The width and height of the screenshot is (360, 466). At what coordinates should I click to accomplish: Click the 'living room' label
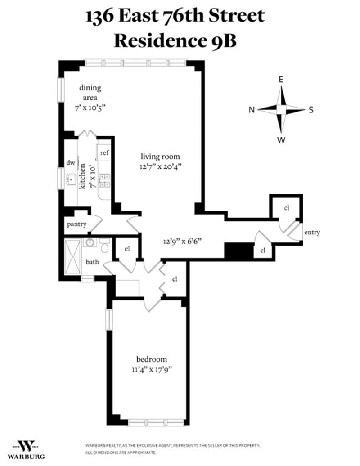tap(160, 157)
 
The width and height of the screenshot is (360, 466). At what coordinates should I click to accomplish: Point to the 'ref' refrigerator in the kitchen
tap(104, 153)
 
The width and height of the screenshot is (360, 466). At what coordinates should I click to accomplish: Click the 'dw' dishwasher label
tap(70, 163)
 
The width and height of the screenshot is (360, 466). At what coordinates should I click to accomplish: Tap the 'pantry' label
tap(77, 224)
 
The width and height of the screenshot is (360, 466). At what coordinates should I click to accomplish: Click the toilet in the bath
tap(105, 247)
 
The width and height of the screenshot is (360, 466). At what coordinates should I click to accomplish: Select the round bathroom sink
tap(90, 243)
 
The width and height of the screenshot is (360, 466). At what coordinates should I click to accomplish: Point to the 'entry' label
tap(311, 232)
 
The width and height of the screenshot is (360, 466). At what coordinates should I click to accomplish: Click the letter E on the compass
tap(281, 80)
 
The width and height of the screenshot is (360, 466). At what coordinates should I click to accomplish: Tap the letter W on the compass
tap(281, 140)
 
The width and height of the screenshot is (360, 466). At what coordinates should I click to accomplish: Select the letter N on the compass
tap(252, 110)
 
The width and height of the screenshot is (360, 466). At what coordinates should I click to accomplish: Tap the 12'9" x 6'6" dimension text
tap(182, 241)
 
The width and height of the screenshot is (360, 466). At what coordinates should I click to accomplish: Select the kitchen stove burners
tap(104, 180)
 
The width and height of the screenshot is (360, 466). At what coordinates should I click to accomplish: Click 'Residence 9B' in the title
tap(175, 40)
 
